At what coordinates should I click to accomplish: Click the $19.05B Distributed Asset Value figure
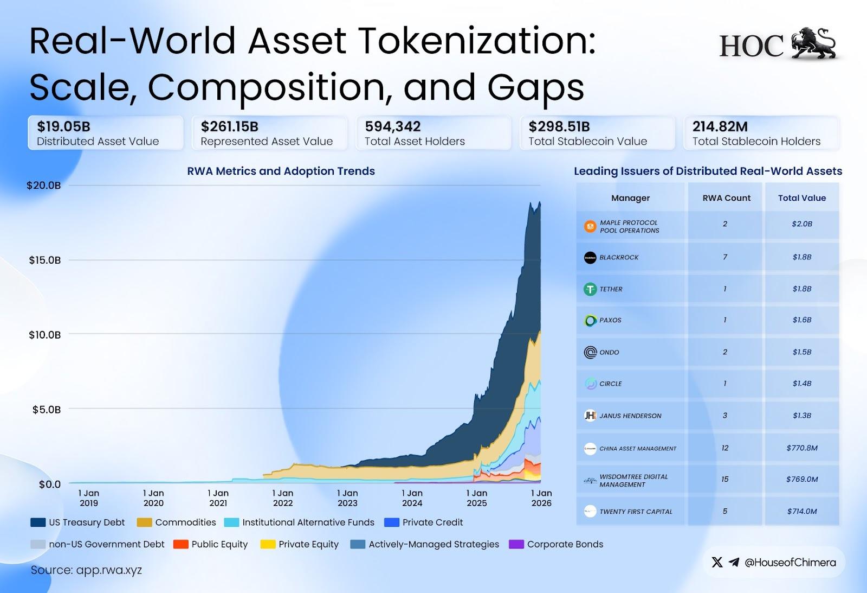coord(63,126)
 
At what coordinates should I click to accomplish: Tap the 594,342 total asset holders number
coord(392,126)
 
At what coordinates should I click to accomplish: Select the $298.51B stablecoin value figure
coord(559,126)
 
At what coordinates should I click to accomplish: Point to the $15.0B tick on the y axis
coord(44,260)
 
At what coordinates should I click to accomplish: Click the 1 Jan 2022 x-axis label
coord(283,498)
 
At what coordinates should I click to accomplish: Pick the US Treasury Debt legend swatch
coord(38,522)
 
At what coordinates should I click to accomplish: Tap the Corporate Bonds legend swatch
coord(516,544)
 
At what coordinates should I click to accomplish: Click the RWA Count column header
coord(726,198)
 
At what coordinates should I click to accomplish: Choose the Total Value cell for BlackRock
coord(801,257)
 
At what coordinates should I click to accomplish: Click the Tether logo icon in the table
coord(590,289)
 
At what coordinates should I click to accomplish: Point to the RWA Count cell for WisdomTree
coord(725,479)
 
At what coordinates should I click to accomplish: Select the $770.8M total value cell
coord(801,448)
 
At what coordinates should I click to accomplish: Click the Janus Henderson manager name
coord(630,416)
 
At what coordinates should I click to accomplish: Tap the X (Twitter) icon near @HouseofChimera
coord(717,562)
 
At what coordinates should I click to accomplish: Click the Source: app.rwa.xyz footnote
coord(86,570)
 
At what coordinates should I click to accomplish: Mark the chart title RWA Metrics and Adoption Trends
coord(281,171)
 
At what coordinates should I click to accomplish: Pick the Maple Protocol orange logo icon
coord(590,226)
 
